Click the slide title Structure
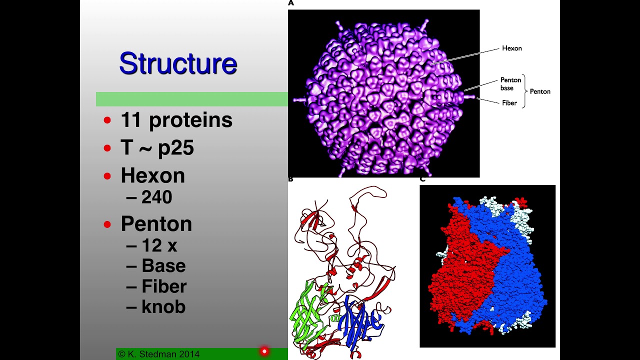tap(178, 63)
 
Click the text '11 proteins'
tap(176, 120)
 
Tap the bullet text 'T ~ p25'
tap(157, 147)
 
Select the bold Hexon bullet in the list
tap(153, 175)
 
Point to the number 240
tap(156, 197)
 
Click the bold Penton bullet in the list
tap(156, 223)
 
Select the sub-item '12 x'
tap(159, 245)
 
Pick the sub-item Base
tap(163, 265)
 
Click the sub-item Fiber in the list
tap(164, 286)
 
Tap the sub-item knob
tap(163, 307)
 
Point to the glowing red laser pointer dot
tap(264, 351)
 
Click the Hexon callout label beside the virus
tap(511, 48)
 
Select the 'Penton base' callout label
tap(510, 83)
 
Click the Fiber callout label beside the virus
tap(509, 103)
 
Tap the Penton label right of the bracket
tap(540, 91)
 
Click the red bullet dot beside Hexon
tap(107, 176)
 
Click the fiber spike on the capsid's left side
tap(300, 100)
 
